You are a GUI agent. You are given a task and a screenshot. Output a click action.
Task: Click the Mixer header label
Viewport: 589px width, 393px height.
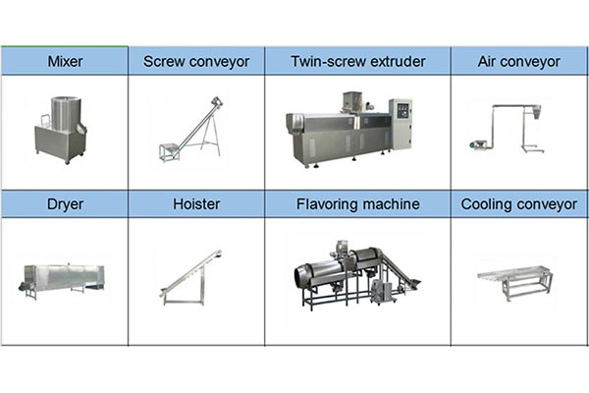coord(65,61)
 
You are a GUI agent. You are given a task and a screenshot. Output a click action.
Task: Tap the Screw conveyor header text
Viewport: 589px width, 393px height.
coord(196,62)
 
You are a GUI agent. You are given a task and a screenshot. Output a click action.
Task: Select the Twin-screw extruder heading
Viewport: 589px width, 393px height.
coord(358,61)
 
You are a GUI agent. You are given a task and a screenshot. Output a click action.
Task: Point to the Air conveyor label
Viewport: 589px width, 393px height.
coord(518,62)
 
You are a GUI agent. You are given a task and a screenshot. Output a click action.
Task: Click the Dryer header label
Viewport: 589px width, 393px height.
coord(65,204)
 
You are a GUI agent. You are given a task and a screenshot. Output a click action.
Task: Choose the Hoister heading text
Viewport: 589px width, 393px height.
coord(196,203)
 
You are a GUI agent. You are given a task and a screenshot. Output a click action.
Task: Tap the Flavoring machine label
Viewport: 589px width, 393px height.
coord(358,204)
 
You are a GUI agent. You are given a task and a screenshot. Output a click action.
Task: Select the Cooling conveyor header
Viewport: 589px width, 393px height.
coord(518,204)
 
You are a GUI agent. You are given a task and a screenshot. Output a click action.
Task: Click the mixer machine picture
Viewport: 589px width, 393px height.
coord(61,130)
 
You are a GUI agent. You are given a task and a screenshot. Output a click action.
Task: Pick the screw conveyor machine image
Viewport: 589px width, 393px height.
coord(190,129)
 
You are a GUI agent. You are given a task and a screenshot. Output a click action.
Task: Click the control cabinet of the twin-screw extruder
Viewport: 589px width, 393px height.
coord(401,124)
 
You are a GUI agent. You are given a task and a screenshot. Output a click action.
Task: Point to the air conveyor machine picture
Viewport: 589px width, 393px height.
coord(506,129)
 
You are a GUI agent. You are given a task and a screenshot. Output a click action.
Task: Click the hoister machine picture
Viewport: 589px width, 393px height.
coord(190,277)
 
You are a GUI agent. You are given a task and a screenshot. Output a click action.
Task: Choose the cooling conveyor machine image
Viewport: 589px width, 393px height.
coord(514,282)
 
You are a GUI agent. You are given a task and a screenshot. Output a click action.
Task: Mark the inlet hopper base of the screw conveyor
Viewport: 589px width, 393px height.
coord(168,152)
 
